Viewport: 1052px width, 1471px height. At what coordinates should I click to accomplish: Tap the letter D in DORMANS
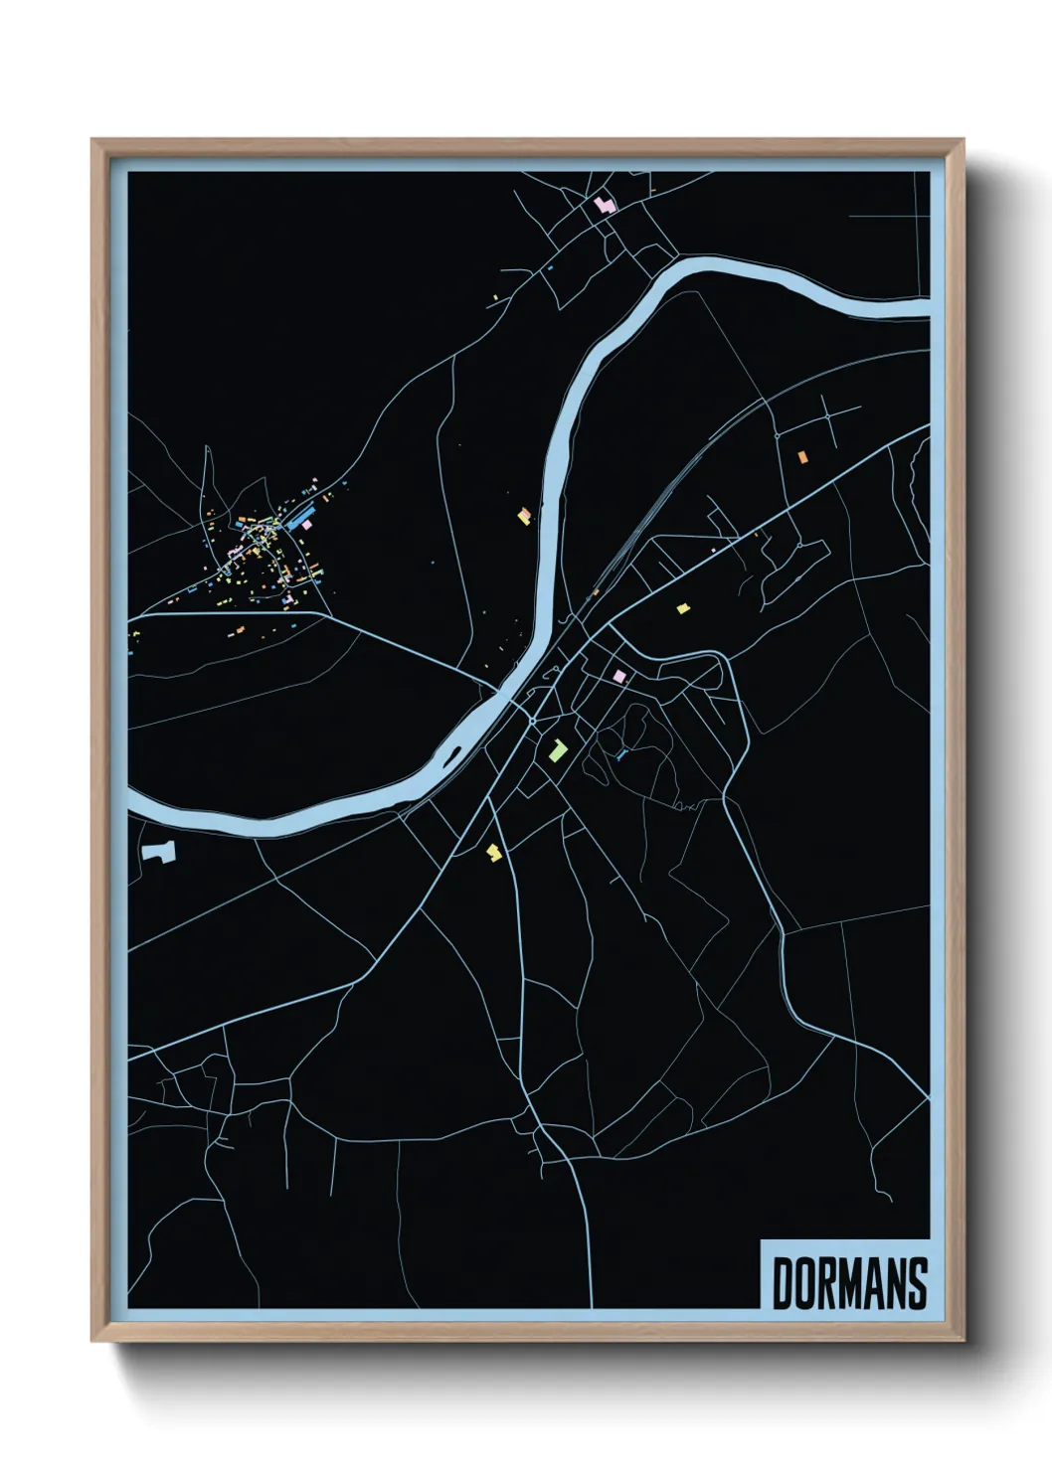click(783, 1284)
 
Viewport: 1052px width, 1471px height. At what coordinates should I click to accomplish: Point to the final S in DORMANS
click(917, 1284)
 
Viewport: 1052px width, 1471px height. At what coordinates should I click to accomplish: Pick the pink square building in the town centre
click(619, 676)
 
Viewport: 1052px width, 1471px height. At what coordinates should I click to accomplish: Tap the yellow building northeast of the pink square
click(682, 608)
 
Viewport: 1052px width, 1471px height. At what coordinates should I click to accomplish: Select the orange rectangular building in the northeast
click(801, 456)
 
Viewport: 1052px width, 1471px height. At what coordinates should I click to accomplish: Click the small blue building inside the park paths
click(621, 755)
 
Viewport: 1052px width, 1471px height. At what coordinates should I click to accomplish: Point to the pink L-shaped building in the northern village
click(603, 205)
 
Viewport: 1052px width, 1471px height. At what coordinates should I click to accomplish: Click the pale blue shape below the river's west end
click(157, 851)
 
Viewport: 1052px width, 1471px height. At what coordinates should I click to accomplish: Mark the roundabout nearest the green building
click(533, 720)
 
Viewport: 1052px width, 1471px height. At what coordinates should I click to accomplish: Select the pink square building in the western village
click(307, 524)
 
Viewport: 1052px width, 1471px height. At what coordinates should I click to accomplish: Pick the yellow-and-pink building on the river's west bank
click(523, 515)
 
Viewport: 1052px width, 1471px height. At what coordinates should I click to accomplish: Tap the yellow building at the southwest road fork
click(493, 852)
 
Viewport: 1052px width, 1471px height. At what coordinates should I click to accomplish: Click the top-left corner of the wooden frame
click(92, 139)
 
